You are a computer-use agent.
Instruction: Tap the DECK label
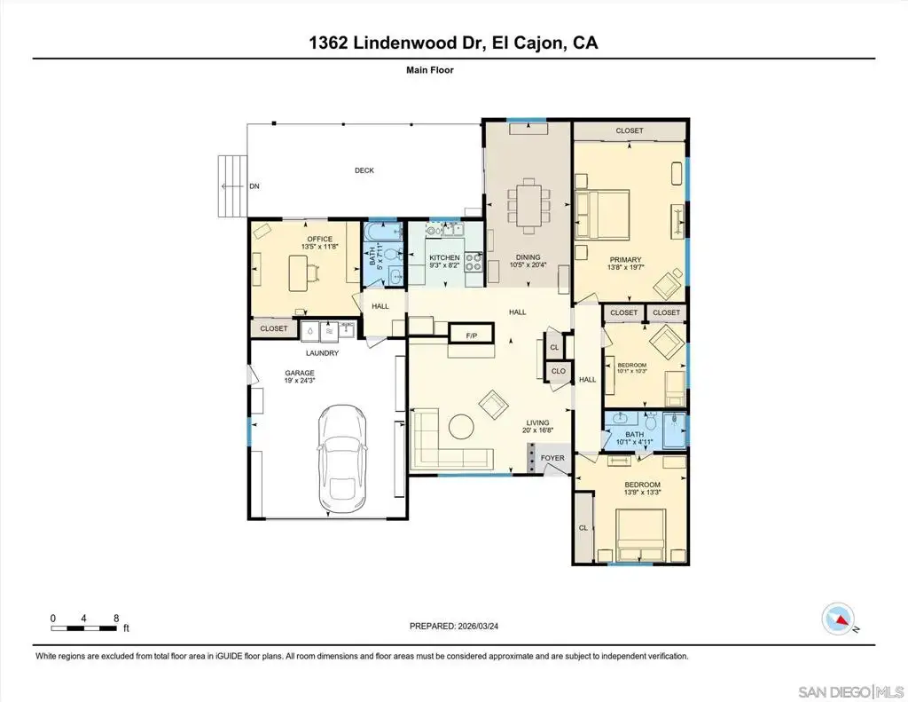[364, 170]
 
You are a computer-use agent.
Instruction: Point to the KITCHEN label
[445, 257]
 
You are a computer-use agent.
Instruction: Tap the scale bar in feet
[83, 627]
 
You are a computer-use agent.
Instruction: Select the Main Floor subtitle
[430, 70]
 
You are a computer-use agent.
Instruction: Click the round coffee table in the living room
[461, 427]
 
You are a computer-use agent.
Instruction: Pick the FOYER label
[552, 458]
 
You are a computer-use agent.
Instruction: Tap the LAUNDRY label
[323, 353]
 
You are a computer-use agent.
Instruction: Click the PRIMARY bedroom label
[625, 260]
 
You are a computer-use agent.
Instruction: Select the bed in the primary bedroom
[602, 215]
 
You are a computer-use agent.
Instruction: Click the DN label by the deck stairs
[254, 186]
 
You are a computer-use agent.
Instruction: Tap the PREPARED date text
[454, 626]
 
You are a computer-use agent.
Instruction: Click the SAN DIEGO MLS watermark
[850, 691]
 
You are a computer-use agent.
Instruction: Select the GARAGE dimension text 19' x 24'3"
[300, 381]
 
